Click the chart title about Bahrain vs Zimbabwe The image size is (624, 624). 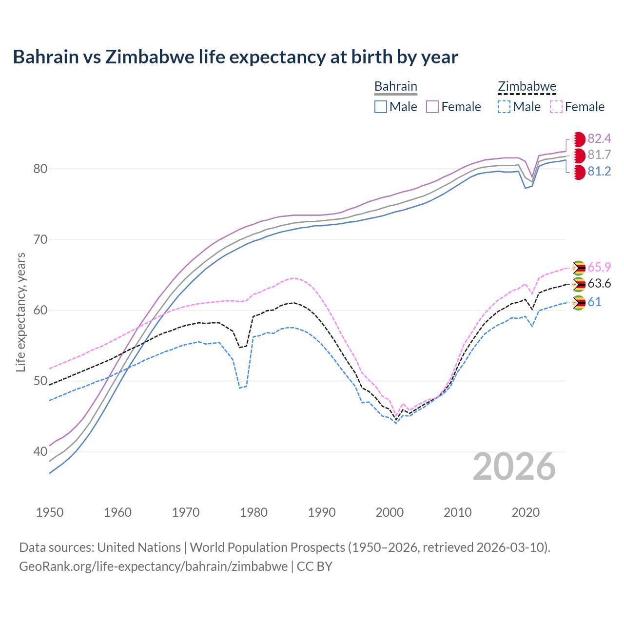[235, 57]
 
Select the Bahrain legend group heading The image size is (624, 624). [395, 86]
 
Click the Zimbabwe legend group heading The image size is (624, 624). [526, 86]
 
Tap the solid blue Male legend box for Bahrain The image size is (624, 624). [381, 107]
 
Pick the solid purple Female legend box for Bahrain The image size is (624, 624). [433, 107]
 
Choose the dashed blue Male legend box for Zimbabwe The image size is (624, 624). [504, 107]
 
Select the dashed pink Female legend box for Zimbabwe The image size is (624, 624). [556, 107]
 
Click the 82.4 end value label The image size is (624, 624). [599, 139]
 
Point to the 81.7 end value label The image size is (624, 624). [599, 155]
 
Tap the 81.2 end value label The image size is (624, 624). [599, 172]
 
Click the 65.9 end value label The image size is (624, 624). [599, 267]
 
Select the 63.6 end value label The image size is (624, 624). [599, 284]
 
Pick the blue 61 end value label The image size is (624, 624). [594, 302]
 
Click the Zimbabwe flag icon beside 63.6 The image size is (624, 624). [578, 284]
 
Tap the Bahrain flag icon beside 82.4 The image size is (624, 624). [578, 139]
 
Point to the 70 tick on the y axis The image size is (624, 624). [40, 239]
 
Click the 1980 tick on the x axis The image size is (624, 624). [253, 512]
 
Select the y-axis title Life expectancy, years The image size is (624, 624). [21, 312]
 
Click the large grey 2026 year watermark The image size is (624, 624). [514, 467]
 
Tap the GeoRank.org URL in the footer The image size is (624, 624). [153, 566]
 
